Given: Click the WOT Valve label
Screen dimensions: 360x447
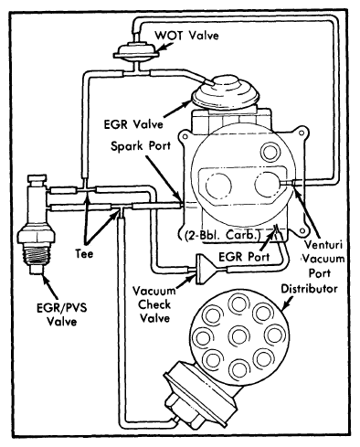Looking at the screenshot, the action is (x=186, y=36).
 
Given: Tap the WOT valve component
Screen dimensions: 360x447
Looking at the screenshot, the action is (x=136, y=51).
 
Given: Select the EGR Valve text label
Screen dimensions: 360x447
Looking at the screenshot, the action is (x=133, y=124).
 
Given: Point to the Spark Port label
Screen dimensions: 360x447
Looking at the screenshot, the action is (x=141, y=146).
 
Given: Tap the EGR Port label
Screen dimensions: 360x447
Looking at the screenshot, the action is (x=244, y=257).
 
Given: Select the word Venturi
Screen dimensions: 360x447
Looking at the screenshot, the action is (x=323, y=245).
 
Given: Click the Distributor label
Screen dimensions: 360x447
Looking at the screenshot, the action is (x=309, y=288).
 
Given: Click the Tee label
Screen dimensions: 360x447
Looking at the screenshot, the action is (x=84, y=254).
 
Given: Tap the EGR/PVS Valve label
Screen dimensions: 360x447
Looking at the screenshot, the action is (x=62, y=314).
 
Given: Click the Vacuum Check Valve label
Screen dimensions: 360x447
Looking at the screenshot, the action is (x=154, y=304).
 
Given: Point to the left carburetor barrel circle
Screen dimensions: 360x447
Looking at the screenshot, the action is (x=218, y=185).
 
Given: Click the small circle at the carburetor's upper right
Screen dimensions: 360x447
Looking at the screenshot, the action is (x=270, y=152).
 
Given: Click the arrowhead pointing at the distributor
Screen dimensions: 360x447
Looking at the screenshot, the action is (x=287, y=305).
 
